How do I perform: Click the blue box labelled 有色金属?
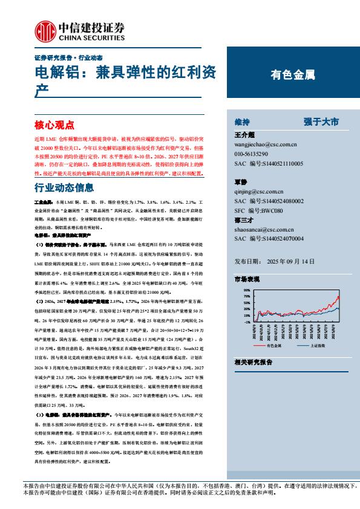point(292,76)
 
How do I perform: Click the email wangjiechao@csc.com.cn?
point(265,145)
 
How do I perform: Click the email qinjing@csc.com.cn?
point(260,191)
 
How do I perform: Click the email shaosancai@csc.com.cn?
point(263,229)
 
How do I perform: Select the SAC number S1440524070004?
point(268,238)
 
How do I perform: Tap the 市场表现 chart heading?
point(247,280)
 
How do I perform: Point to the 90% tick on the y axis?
point(246,290)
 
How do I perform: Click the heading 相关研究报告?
point(253,361)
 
